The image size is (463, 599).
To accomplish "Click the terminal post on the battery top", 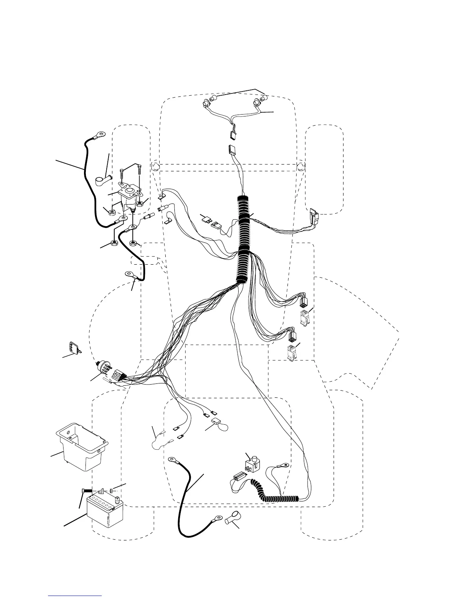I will (x=117, y=499).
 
